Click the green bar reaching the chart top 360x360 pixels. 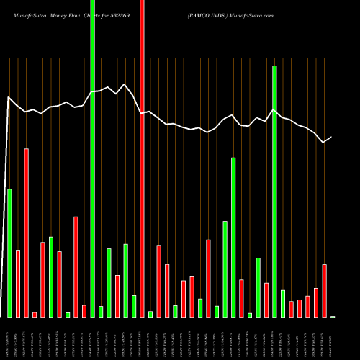92,158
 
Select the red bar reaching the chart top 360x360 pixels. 142,158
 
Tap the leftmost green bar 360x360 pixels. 9,252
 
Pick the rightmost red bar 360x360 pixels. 324,290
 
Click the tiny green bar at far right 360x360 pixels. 333,316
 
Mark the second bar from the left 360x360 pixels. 18,283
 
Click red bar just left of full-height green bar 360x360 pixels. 84,310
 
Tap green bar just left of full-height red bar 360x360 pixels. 134,306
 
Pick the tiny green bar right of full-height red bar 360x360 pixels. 150,313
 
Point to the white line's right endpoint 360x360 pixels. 332,137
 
